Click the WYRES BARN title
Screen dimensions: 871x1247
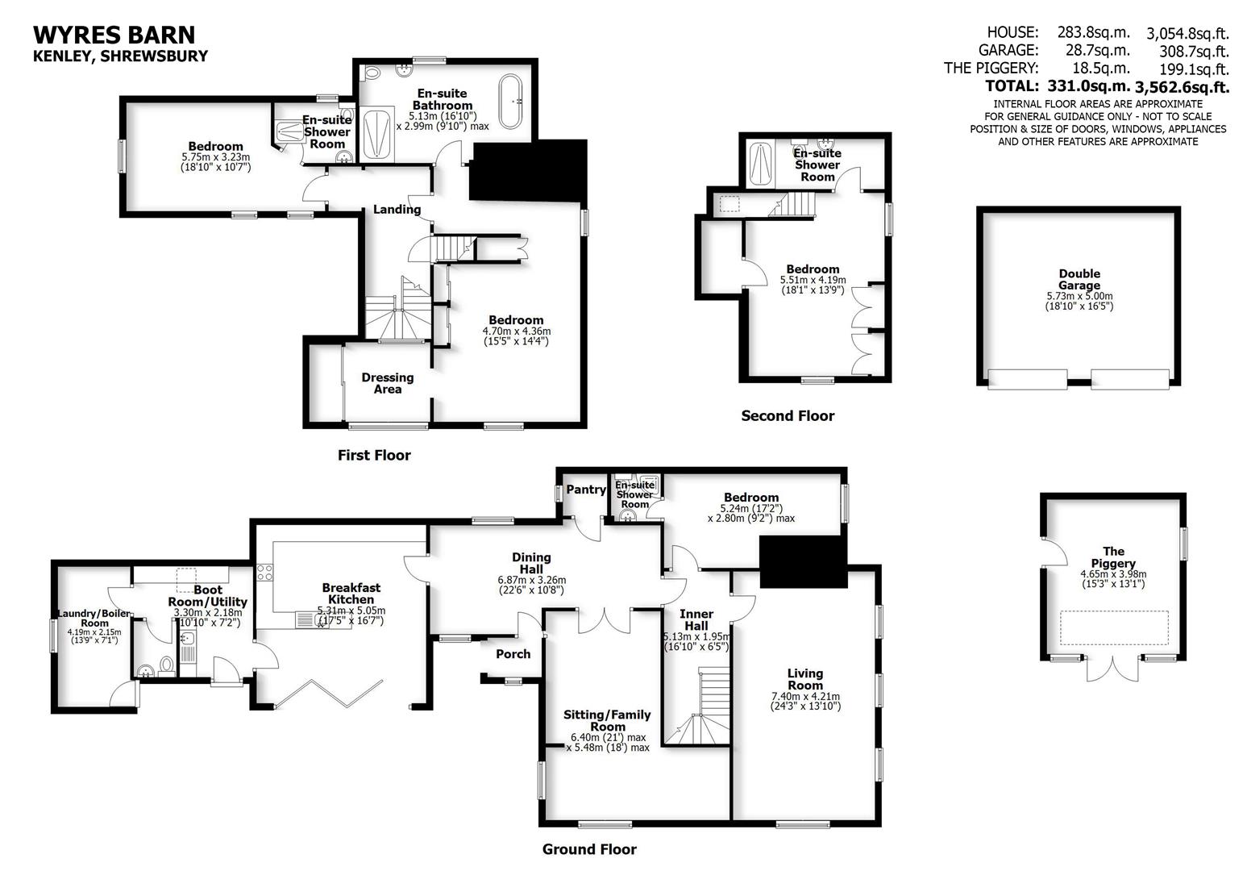pos(114,35)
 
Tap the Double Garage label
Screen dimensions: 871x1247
pos(1079,279)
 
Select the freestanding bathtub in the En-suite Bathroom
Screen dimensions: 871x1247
pos(511,102)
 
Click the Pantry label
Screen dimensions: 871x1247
pos(585,490)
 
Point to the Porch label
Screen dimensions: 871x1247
pos(513,654)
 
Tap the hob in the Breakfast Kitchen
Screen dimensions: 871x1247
pos(264,573)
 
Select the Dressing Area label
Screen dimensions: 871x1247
pos(387,383)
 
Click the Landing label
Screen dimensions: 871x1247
pos(397,210)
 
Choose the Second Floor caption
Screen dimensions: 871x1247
pos(787,416)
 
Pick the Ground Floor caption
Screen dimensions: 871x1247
pos(588,849)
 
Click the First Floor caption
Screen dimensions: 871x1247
pos(374,456)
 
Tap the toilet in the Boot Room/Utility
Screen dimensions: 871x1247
pos(167,665)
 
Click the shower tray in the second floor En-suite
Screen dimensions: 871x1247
pos(760,164)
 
